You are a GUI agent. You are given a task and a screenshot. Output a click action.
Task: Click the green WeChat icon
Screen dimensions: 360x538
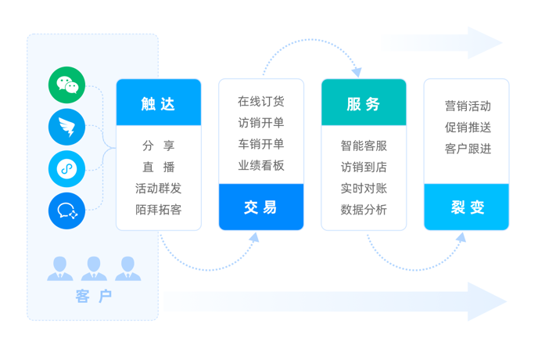66,86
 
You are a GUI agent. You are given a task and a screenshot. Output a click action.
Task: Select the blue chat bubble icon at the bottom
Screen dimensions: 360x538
66,210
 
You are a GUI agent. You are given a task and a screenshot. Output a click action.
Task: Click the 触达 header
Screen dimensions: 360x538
159,103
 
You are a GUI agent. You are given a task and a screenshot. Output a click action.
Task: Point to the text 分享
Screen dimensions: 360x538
159,145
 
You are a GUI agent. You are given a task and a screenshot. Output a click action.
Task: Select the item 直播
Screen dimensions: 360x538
159,167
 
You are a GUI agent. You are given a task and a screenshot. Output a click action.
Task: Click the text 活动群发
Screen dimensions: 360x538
159,188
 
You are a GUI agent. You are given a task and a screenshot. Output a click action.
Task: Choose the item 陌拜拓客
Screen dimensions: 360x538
159,209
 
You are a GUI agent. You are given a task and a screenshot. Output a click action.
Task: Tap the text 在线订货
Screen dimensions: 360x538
261,102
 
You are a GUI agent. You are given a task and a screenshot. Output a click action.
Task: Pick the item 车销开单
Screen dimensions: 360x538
261,144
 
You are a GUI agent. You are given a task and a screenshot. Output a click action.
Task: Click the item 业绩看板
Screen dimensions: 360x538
261,165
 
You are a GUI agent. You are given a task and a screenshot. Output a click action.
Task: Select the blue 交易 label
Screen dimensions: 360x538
261,207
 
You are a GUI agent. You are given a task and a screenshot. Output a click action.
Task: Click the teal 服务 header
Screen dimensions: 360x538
364,103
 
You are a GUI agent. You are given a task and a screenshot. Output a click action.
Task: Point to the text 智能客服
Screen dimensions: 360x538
364,146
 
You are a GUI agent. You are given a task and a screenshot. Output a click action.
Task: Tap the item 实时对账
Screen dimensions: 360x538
364,188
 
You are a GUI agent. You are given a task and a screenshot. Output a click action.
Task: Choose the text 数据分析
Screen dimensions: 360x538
364,209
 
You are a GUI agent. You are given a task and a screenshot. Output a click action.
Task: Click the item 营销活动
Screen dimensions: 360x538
468,106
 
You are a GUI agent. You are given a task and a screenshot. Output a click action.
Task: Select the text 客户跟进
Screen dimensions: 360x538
468,148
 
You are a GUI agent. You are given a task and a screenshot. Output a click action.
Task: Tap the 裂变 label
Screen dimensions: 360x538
468,207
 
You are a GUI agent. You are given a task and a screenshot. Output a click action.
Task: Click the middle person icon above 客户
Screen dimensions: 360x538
94,269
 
